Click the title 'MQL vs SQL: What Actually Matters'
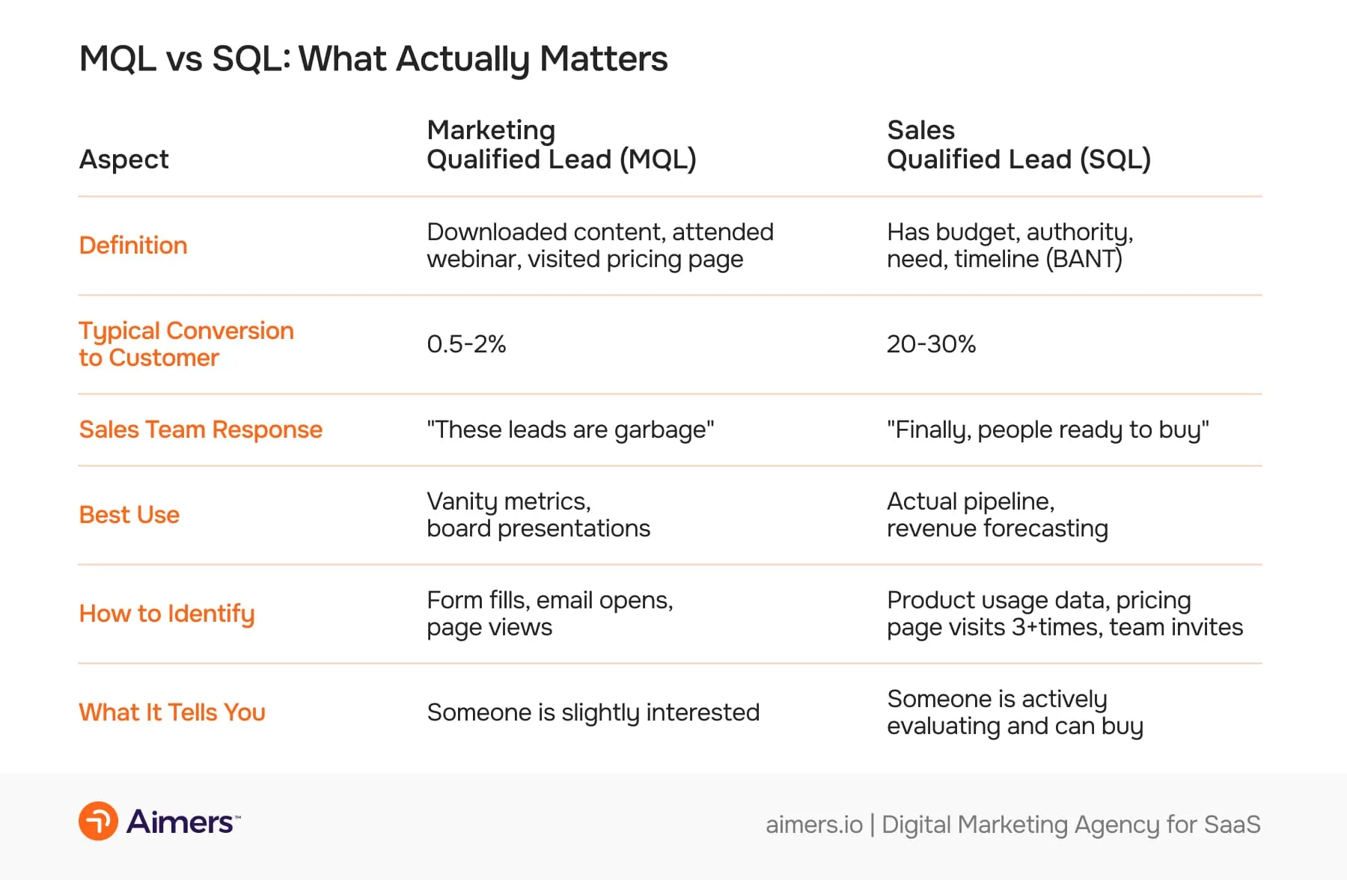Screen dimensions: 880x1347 coord(373,59)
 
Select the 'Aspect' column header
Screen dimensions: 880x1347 coord(124,159)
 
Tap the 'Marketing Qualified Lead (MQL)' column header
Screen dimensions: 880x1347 coord(561,144)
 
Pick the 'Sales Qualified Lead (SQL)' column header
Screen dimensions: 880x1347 coord(1018,144)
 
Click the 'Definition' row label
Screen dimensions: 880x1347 coord(133,245)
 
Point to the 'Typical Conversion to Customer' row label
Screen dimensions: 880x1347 coord(186,344)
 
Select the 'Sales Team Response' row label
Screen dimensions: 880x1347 coord(201,430)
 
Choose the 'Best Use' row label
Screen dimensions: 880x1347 coord(129,515)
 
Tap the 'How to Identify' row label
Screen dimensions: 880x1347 coord(167,614)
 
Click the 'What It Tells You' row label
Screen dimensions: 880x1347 coord(172,712)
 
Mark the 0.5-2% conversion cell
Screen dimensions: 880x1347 coord(466,344)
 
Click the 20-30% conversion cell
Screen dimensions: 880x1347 coord(931,344)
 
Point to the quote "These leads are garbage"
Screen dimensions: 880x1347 coord(570,430)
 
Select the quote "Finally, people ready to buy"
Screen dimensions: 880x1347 coord(1048,430)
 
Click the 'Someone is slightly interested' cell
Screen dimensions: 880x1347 coord(593,712)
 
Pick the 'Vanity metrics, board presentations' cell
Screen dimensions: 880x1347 coord(538,515)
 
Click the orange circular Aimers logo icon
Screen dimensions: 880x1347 coord(98,821)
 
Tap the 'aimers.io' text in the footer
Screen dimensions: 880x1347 coord(813,825)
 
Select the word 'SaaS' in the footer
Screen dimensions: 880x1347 coord(1232,825)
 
